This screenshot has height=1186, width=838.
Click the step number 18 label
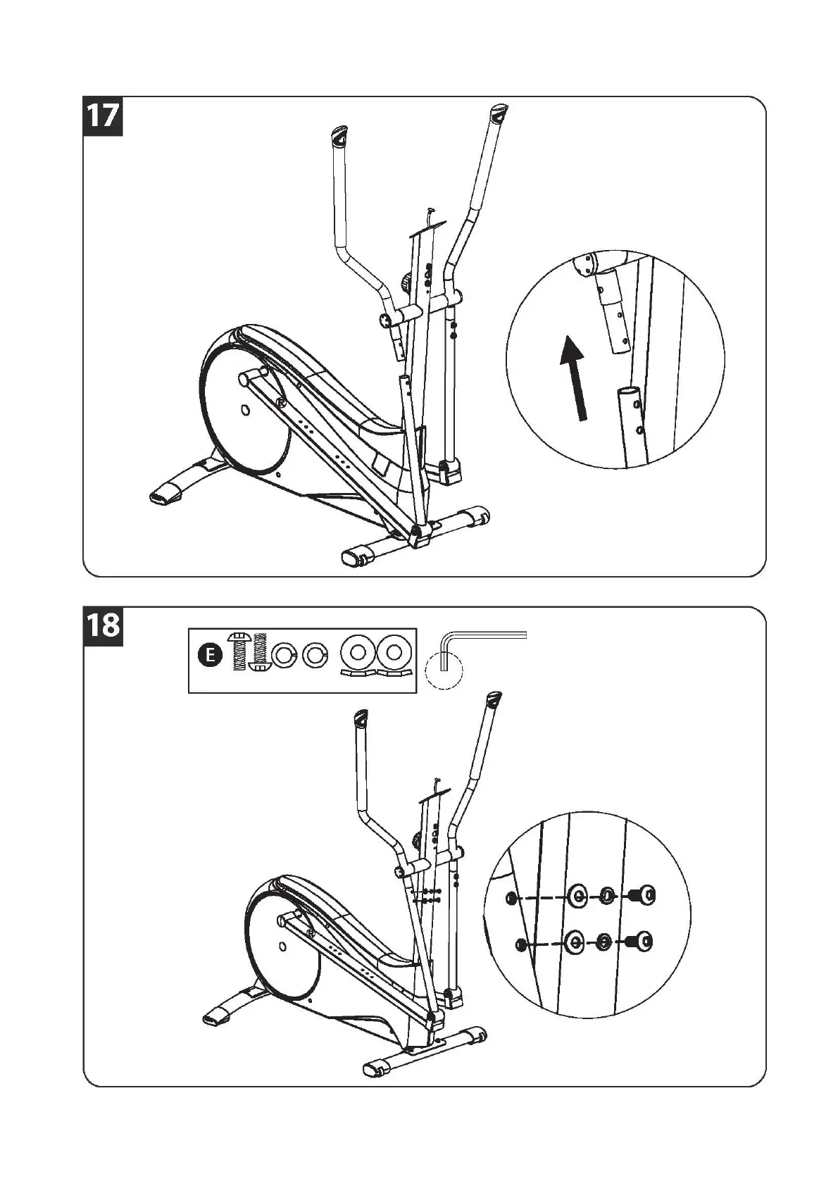coord(104,625)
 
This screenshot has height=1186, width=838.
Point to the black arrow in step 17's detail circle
coord(575,377)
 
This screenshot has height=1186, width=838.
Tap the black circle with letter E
coord(208,656)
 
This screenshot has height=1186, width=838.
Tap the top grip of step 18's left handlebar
coord(360,720)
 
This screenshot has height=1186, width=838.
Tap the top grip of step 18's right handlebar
coord(494,701)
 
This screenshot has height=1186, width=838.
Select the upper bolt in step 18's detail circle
coord(642,896)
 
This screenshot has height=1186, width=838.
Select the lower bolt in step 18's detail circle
coord(639,942)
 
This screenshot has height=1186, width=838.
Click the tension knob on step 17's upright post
coord(408,282)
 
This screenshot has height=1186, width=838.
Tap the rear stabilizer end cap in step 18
coord(215,1018)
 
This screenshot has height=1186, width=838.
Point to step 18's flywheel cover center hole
coord(282,945)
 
